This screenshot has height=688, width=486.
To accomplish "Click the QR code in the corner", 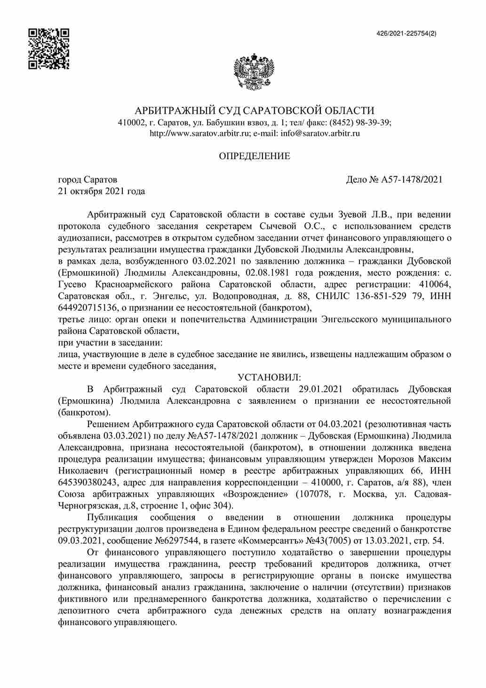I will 48,49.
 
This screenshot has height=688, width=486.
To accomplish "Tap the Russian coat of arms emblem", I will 254,72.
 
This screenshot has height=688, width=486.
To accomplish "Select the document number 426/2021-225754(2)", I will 406,33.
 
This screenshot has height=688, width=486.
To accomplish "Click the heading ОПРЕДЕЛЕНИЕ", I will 255,156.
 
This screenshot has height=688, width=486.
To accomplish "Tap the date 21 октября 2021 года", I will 101,191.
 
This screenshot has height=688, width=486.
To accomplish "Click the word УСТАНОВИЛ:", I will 269,378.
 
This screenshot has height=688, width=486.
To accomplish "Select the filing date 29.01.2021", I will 320,389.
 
